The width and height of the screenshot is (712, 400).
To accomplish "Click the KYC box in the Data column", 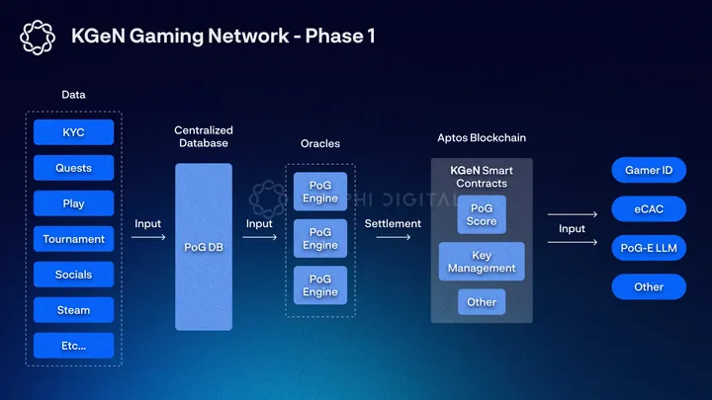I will point(73,132).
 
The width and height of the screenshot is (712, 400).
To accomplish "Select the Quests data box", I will point(73,168).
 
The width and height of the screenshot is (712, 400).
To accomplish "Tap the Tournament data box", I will point(73,239).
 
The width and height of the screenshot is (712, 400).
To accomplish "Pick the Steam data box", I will point(73,310).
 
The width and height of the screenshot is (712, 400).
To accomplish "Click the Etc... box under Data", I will point(73,346).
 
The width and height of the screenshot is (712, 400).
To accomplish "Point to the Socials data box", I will point(73,275).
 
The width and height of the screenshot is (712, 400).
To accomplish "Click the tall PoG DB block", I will point(204,247).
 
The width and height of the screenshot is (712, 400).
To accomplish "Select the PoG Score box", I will point(482,214).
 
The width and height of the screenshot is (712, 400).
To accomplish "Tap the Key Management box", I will point(482,262).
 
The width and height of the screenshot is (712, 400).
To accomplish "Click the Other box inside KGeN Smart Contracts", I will point(482,301).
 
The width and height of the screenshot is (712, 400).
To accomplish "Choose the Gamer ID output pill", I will point(649,170).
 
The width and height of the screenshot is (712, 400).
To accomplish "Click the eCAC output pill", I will point(649,209).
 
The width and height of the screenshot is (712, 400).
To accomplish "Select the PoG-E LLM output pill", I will point(649,248).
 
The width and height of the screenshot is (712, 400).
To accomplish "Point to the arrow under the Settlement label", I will point(393,237).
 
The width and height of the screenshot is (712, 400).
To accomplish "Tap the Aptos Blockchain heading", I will point(481,137).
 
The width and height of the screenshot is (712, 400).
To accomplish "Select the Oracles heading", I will point(320,144).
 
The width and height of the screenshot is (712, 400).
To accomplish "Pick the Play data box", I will point(73,203).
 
